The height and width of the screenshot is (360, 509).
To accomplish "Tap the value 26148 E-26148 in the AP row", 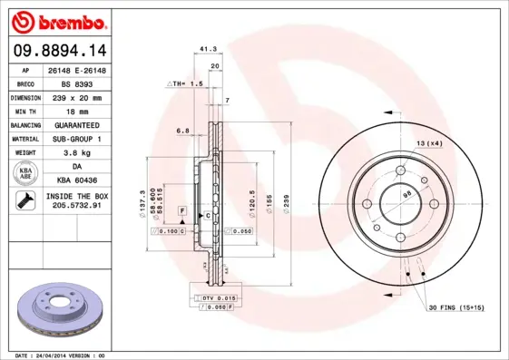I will (x=78, y=70).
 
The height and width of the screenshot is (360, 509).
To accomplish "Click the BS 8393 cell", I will (x=78, y=83).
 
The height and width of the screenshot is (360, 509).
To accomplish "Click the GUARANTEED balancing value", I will (x=78, y=124).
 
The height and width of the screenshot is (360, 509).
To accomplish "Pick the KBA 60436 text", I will (x=78, y=181).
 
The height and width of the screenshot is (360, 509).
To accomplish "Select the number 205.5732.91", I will (x=78, y=207).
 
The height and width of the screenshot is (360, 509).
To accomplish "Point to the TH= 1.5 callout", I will (x=184, y=83).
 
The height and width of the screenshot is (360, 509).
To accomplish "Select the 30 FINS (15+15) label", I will (x=455, y=307).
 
